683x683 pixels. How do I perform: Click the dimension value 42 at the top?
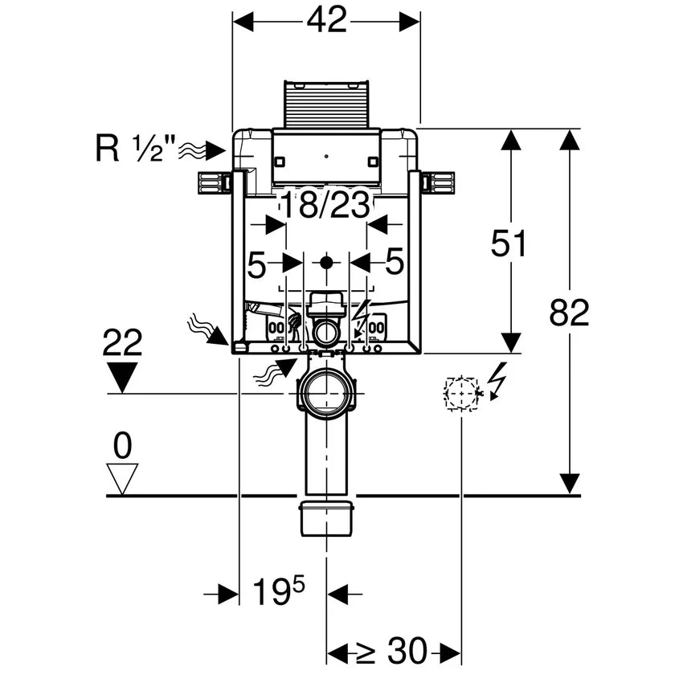[326, 19]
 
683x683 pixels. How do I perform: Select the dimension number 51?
[509, 243]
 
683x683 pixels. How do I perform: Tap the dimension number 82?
[569, 312]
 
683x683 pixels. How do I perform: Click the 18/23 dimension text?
[325, 206]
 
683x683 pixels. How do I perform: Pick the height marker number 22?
[122, 344]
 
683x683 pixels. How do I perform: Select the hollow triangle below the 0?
[122, 479]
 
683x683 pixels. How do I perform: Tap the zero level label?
[122, 444]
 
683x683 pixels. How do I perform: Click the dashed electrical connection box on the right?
[461, 394]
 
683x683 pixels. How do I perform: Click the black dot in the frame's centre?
[325, 262]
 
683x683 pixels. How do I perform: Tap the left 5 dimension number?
[256, 263]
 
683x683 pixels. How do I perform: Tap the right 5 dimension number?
[394, 263]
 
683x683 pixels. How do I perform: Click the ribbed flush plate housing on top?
[325, 104]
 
